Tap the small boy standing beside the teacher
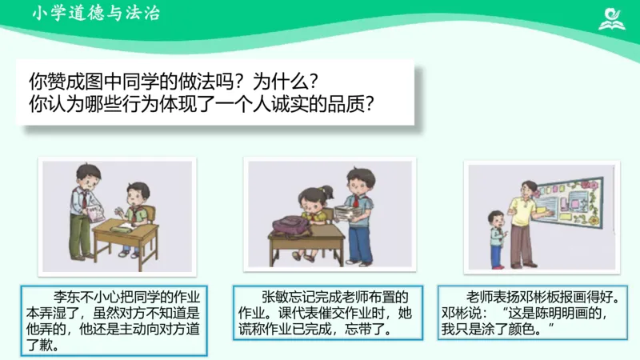click(497, 237)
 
